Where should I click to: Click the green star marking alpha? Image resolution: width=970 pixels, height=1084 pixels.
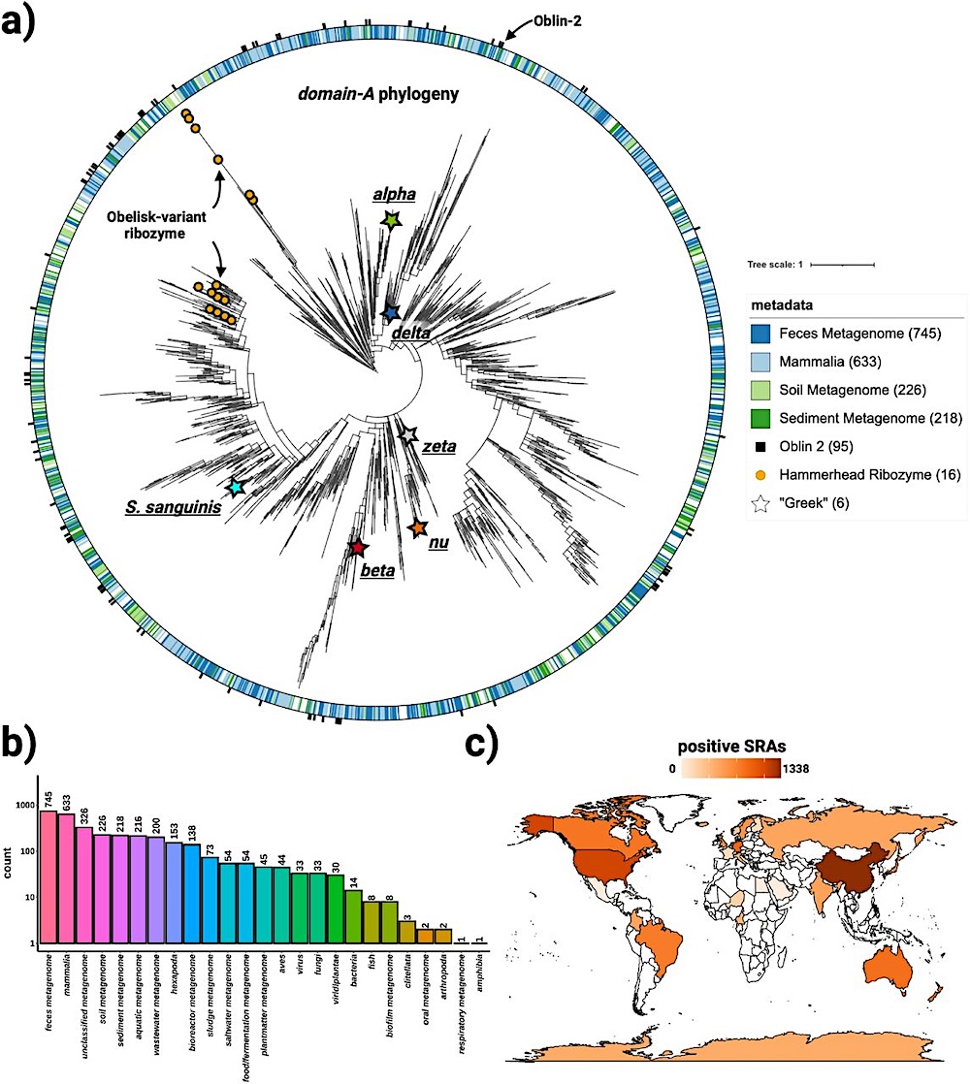coord(391,221)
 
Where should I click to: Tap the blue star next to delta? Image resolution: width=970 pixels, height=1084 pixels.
coord(390,313)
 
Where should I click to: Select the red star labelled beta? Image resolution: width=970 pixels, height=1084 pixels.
coord(358,549)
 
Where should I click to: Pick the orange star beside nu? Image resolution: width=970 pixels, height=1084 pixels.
coord(417,528)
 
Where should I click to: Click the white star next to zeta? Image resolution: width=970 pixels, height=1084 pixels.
coord(409,435)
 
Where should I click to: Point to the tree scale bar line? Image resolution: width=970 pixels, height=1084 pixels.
coord(842,264)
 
